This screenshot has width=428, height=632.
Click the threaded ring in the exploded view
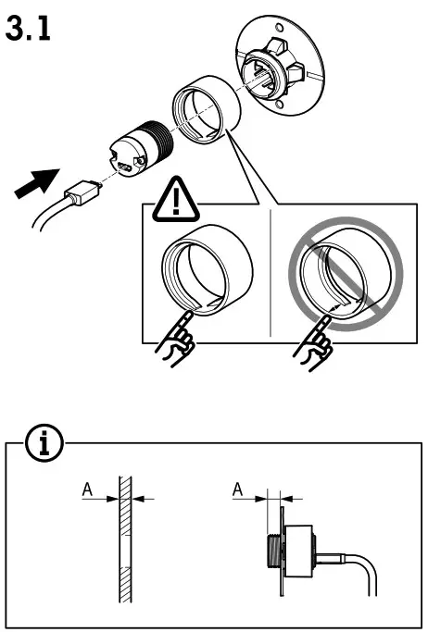tap(205, 112)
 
